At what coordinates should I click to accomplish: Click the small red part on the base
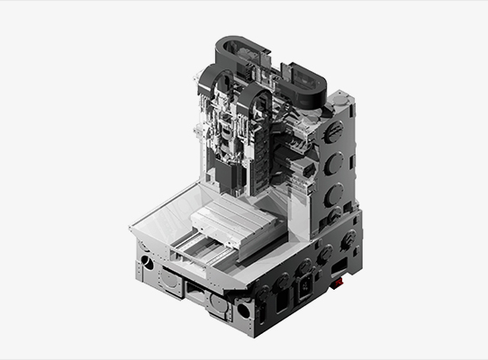[x=339, y=284]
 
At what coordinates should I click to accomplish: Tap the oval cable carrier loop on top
[x=297, y=81]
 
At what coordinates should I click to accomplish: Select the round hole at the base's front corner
[x=244, y=311]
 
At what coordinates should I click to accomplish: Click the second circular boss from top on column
[x=333, y=164]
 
